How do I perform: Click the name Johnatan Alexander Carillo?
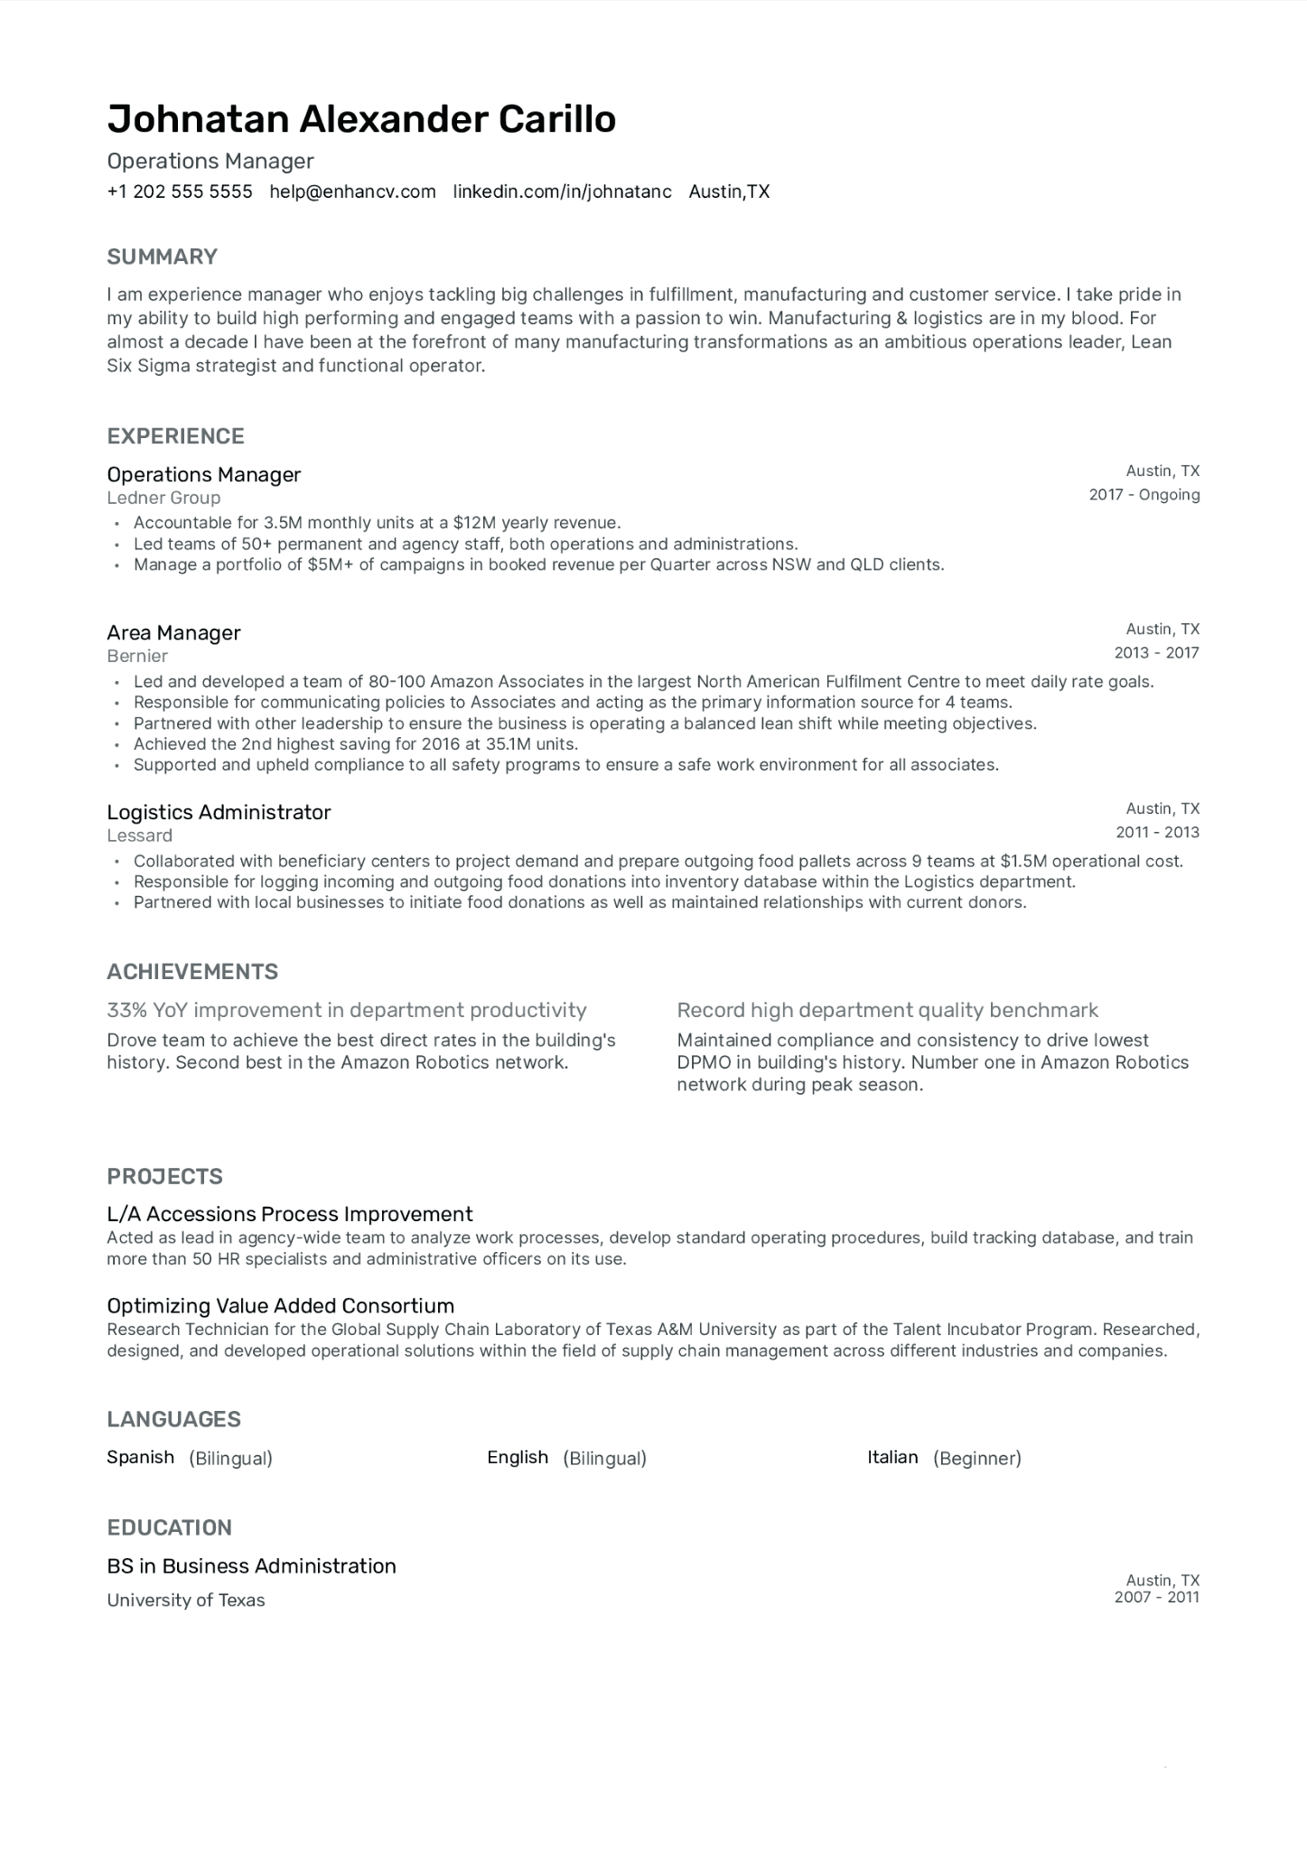point(361,119)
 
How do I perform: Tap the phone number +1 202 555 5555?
point(180,191)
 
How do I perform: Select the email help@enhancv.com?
point(352,191)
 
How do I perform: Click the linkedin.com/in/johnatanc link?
point(562,191)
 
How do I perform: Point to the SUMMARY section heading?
point(163,257)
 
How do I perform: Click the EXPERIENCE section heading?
point(175,436)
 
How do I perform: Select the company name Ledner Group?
point(163,498)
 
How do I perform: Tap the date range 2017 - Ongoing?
point(1144,494)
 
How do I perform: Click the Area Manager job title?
point(173,632)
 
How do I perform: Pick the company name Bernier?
point(137,656)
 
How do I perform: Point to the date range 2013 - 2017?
point(1156,652)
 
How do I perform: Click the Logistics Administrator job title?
point(219,812)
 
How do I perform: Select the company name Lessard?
point(139,836)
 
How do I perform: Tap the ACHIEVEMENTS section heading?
point(192,972)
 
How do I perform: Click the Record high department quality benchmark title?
point(887,1010)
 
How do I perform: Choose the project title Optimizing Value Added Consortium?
point(280,1305)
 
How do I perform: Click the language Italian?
point(892,1457)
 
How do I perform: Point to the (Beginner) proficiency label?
point(976,1458)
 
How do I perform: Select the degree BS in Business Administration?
point(251,1565)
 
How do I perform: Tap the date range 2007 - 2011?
point(1156,1597)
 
